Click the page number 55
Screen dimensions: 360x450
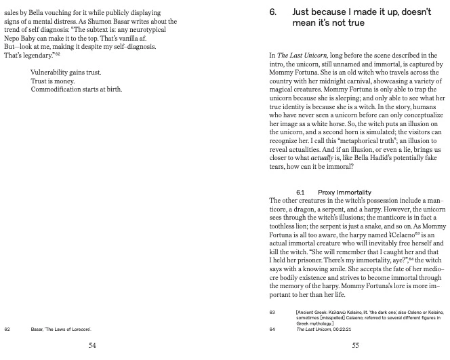(x=355, y=345)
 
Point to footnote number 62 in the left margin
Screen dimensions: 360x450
(x=7, y=329)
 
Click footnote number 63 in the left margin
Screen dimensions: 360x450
(x=272, y=313)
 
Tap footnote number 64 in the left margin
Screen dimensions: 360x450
(x=272, y=329)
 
